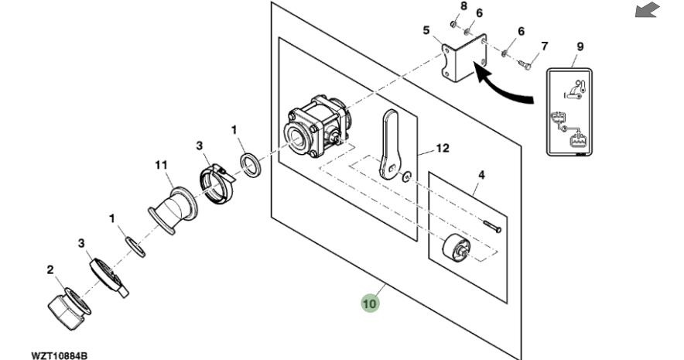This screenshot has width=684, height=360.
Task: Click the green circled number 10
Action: point(371,303)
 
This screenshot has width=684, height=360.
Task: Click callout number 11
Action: point(161,164)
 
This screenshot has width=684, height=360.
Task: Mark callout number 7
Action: point(544,46)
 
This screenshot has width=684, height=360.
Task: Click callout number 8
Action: point(464,5)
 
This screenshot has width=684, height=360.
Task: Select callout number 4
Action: point(481,175)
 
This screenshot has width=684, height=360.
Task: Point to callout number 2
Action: point(50,270)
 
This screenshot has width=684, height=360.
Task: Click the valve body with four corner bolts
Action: point(318,129)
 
